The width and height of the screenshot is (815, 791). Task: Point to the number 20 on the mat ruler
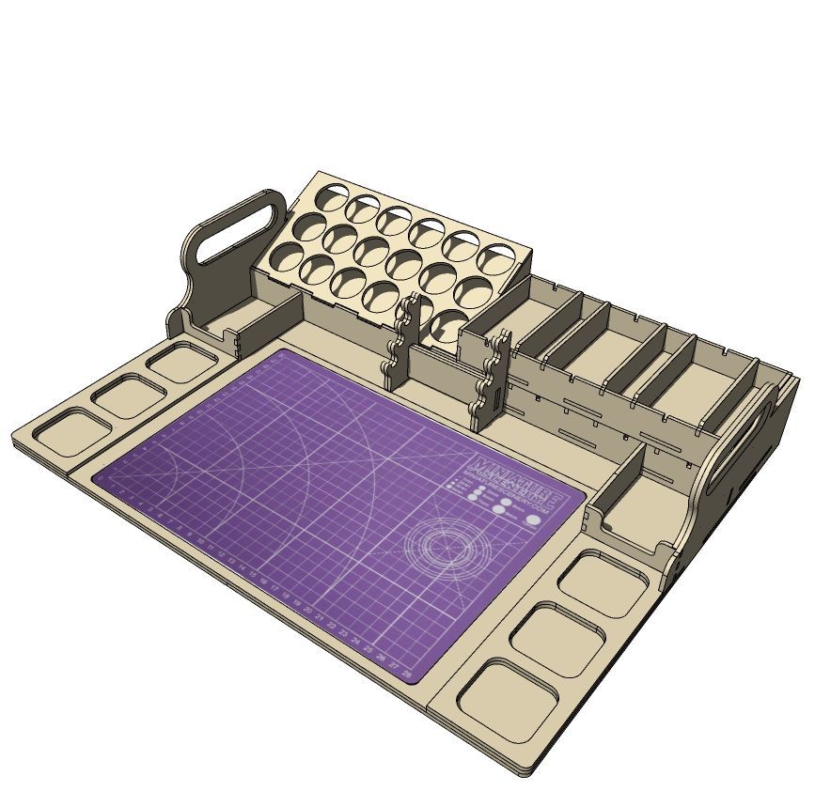pos(309,612)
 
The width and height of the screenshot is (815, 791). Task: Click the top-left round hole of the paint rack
pos(330,198)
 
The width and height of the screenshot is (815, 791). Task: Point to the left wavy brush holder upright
pos(400,343)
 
